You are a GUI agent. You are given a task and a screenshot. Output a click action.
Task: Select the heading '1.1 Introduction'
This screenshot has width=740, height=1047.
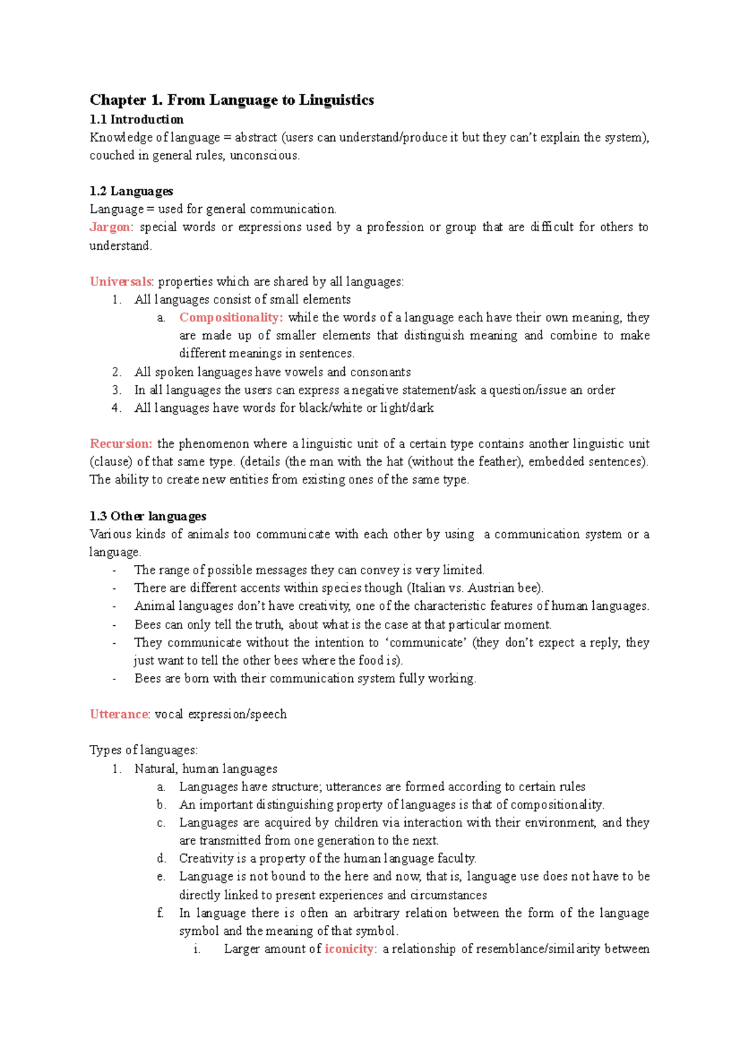[x=136, y=120]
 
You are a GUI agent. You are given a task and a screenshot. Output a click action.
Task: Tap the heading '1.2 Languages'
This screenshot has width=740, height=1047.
[x=131, y=191]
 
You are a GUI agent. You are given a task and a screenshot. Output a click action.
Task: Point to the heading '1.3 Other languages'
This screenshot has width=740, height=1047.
[x=148, y=516]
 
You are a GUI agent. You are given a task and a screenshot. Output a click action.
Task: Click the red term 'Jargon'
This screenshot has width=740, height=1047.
[x=110, y=227]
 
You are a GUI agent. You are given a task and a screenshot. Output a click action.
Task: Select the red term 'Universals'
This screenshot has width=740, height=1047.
[x=120, y=282]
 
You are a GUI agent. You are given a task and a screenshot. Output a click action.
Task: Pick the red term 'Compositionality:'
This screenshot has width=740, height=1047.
[x=231, y=318]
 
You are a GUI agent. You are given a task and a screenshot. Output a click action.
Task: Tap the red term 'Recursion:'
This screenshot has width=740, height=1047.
[x=121, y=444]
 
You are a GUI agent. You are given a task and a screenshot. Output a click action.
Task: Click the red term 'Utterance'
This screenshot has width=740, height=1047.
[x=119, y=714]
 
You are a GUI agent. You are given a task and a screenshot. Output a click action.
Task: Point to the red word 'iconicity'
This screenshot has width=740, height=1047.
[x=349, y=949]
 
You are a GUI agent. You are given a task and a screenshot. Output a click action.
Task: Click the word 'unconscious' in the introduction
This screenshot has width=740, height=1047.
[x=264, y=155]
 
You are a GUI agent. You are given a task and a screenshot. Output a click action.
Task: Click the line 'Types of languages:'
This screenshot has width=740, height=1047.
[x=144, y=750]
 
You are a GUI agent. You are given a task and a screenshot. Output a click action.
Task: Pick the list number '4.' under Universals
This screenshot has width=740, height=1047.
[x=117, y=408]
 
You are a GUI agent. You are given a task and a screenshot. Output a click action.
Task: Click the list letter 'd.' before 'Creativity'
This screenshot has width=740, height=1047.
[x=162, y=858]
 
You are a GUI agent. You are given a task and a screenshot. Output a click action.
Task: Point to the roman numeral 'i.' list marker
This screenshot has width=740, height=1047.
[x=197, y=949]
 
